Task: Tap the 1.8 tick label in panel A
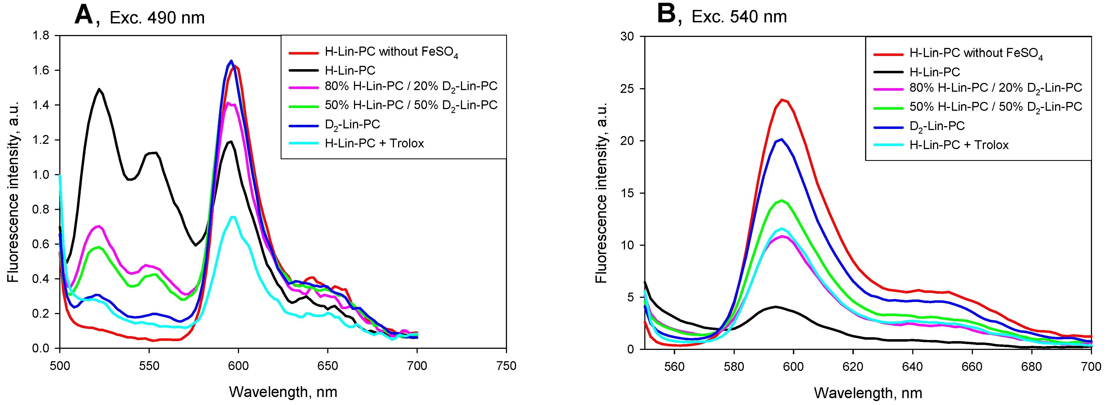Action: [x=41, y=35]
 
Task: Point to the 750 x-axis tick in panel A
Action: [x=506, y=366]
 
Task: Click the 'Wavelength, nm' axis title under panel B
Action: [x=868, y=393]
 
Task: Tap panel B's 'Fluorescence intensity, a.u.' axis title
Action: [x=601, y=193]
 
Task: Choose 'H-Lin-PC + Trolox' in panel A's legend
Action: [x=374, y=143]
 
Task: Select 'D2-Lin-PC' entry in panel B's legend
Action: [x=937, y=126]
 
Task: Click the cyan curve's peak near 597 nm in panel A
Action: [x=233, y=217]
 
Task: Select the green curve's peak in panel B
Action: [x=782, y=200]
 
